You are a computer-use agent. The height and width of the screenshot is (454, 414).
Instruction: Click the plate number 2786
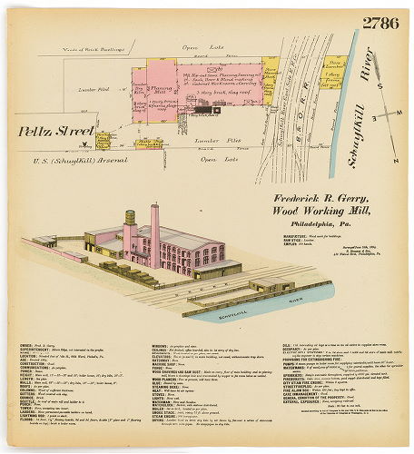(379, 23)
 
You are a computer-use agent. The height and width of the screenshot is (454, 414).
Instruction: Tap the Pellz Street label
(57, 132)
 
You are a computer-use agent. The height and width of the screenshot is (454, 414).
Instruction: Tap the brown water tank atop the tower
(130, 218)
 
